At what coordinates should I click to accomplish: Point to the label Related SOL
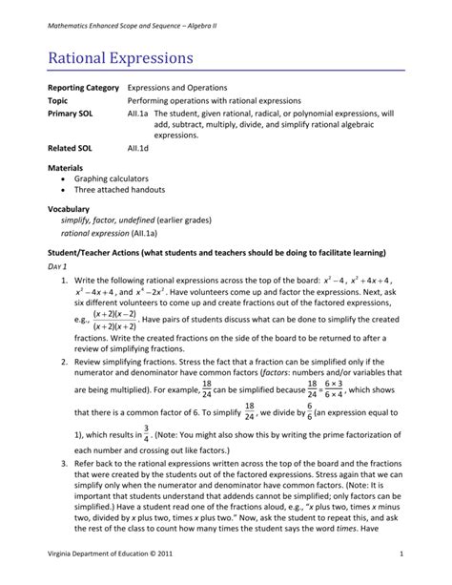pyautogui.click(x=70, y=149)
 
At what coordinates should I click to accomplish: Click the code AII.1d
pyautogui.click(x=140, y=149)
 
